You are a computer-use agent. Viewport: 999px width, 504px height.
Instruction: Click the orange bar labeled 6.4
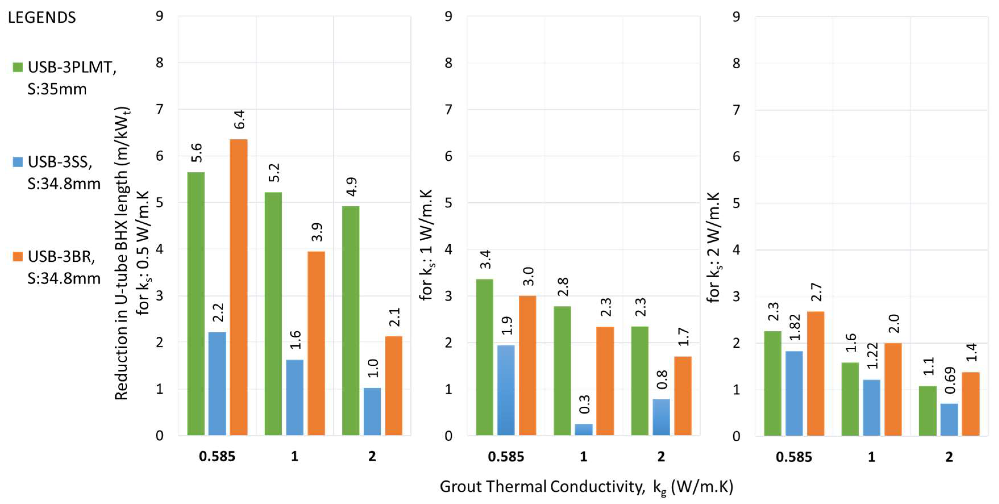[x=238, y=287]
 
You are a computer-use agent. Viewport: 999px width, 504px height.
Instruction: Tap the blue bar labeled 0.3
[x=584, y=429]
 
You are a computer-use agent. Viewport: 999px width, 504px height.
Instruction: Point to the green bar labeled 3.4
[x=484, y=357]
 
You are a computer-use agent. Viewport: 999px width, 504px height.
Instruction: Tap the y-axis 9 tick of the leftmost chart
[x=159, y=16]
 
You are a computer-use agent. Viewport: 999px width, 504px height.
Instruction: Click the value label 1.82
[x=795, y=327]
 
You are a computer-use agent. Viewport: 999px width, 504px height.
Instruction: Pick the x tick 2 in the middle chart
[x=661, y=457]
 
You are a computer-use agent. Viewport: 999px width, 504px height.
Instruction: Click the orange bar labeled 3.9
[x=316, y=343]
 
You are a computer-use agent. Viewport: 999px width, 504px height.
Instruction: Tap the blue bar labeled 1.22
[x=871, y=407]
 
